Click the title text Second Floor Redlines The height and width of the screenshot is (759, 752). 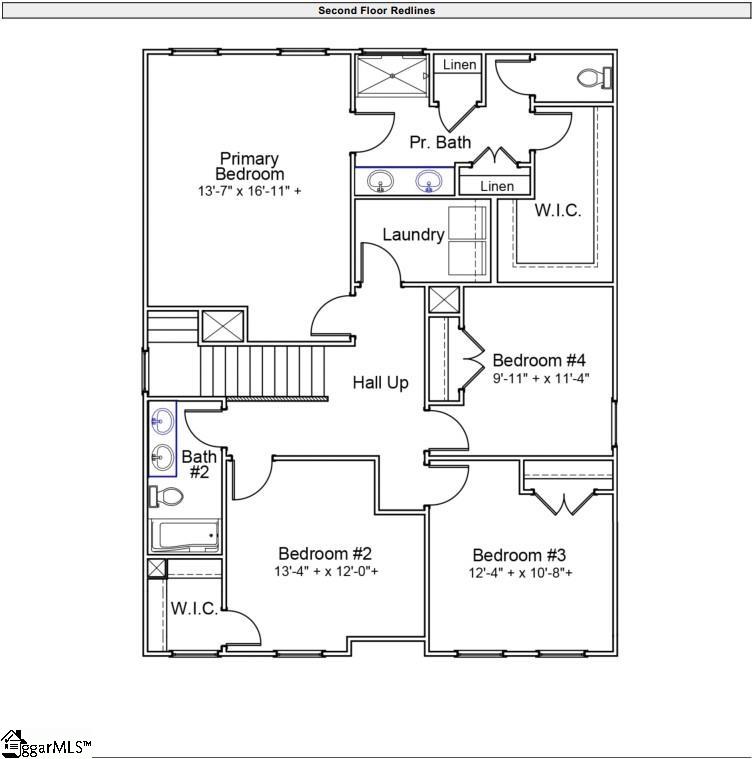[x=376, y=11]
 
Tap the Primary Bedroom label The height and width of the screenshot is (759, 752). [x=249, y=167]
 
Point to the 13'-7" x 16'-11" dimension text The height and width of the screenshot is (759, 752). [x=249, y=190]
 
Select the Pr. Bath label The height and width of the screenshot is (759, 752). [x=440, y=143]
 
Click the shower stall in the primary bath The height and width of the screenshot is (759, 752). [x=393, y=76]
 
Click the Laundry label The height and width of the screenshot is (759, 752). [x=413, y=235]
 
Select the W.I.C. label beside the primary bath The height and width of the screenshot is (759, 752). [x=557, y=211]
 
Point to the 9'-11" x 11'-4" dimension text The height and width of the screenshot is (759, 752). [x=541, y=379]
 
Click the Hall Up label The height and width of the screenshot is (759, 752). [x=380, y=382]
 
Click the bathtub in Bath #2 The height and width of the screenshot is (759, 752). [x=185, y=536]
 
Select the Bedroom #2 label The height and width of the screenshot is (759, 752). [x=325, y=554]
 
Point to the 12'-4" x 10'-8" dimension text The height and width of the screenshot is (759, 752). [x=521, y=573]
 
